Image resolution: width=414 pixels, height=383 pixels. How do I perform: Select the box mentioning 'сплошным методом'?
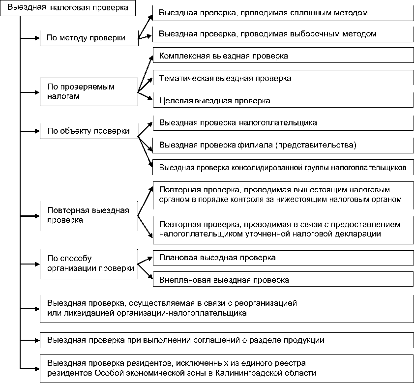point(283,13)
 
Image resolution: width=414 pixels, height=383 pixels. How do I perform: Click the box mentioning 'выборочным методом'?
point(283,34)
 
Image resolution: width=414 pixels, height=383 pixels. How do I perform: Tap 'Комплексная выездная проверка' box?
point(283,56)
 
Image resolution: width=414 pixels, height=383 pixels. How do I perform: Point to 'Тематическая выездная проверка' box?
point(283,78)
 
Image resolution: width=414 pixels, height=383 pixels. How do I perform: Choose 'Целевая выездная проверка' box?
point(283,100)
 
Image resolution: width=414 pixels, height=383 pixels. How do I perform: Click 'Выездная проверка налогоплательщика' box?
point(283,122)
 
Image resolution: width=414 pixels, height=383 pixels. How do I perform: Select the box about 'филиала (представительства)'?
point(283,145)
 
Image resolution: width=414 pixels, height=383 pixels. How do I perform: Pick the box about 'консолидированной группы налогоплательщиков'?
point(283,167)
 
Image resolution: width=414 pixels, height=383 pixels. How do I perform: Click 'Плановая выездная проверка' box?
point(283,258)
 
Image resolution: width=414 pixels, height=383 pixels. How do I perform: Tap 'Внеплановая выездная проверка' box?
point(283,280)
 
